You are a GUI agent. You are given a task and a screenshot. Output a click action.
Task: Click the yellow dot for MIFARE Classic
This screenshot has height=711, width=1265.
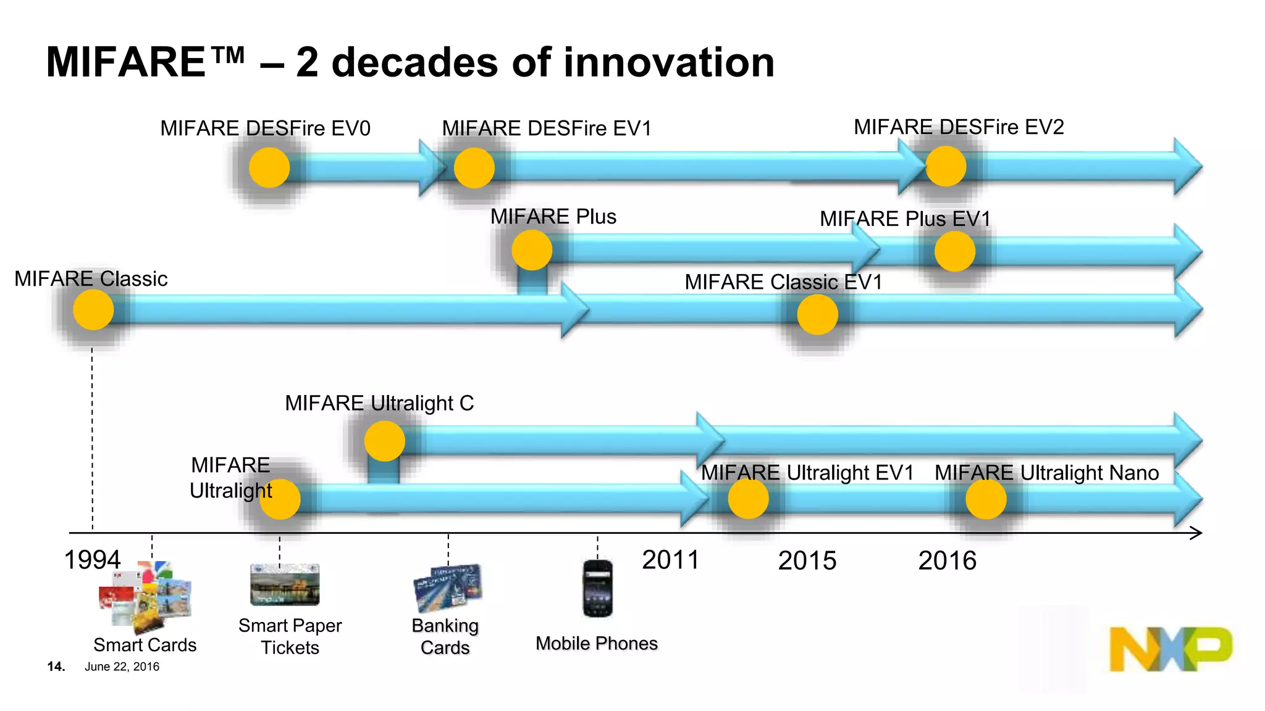coord(93,310)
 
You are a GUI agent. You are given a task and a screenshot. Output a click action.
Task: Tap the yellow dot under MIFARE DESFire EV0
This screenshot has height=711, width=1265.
coord(269,167)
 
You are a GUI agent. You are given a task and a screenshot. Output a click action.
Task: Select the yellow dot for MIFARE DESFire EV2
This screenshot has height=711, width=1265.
coord(946,166)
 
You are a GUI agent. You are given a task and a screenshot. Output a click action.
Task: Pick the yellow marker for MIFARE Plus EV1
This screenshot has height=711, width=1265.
coord(954,251)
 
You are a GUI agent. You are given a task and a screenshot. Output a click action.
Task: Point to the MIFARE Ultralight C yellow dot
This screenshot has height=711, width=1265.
coord(384,441)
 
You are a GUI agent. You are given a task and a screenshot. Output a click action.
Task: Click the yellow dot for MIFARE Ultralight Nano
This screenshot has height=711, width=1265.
coord(986,499)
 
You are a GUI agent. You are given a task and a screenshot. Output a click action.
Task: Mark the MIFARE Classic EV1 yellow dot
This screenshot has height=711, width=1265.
coord(817,314)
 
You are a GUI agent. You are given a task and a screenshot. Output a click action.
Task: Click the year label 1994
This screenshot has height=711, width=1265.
coord(93,560)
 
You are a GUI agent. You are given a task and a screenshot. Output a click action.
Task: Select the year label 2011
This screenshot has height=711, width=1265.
coord(670,560)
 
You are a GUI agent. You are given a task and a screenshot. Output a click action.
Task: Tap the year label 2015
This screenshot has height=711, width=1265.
coord(807,560)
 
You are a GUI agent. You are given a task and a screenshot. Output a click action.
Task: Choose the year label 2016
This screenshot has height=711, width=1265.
coord(947,560)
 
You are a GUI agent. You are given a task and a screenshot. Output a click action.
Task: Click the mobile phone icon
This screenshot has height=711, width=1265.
coord(597,588)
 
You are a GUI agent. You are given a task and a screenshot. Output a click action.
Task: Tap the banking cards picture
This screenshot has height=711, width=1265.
coord(448,587)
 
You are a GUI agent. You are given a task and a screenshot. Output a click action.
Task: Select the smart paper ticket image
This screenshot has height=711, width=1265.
coord(285,584)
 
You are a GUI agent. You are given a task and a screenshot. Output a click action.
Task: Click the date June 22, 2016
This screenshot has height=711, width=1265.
coord(122,667)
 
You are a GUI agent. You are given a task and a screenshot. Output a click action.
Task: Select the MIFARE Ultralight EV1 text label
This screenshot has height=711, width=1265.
coord(807,472)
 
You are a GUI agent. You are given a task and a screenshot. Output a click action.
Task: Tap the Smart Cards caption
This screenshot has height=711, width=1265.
coord(145,644)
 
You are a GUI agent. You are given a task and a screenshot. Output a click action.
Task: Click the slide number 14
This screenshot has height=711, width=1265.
coord(56,667)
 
